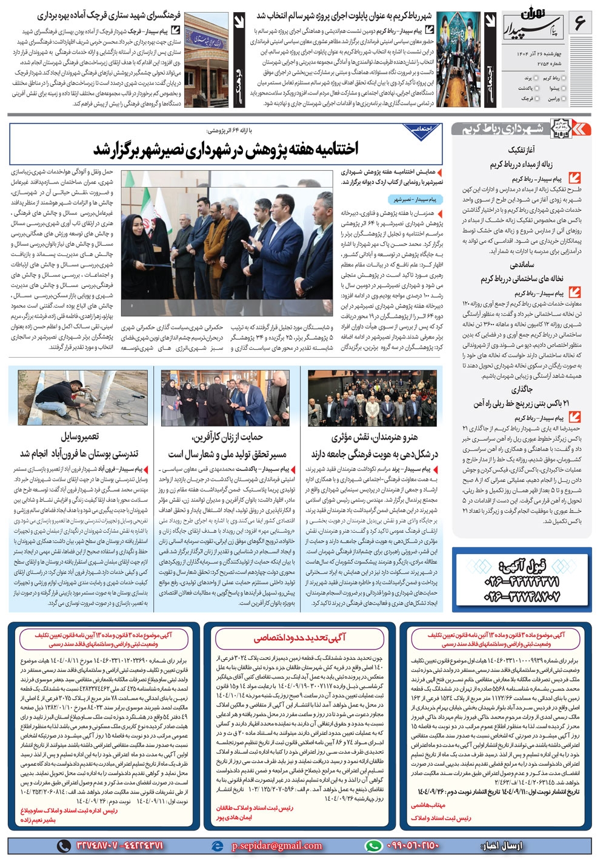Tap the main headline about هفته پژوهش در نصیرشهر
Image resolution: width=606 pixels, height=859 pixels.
tap(225, 148)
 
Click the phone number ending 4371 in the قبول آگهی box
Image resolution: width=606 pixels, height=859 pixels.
tap(523, 582)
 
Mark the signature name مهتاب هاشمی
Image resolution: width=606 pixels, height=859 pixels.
tap(428, 805)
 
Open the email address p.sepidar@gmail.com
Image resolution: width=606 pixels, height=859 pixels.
tap(277, 846)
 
